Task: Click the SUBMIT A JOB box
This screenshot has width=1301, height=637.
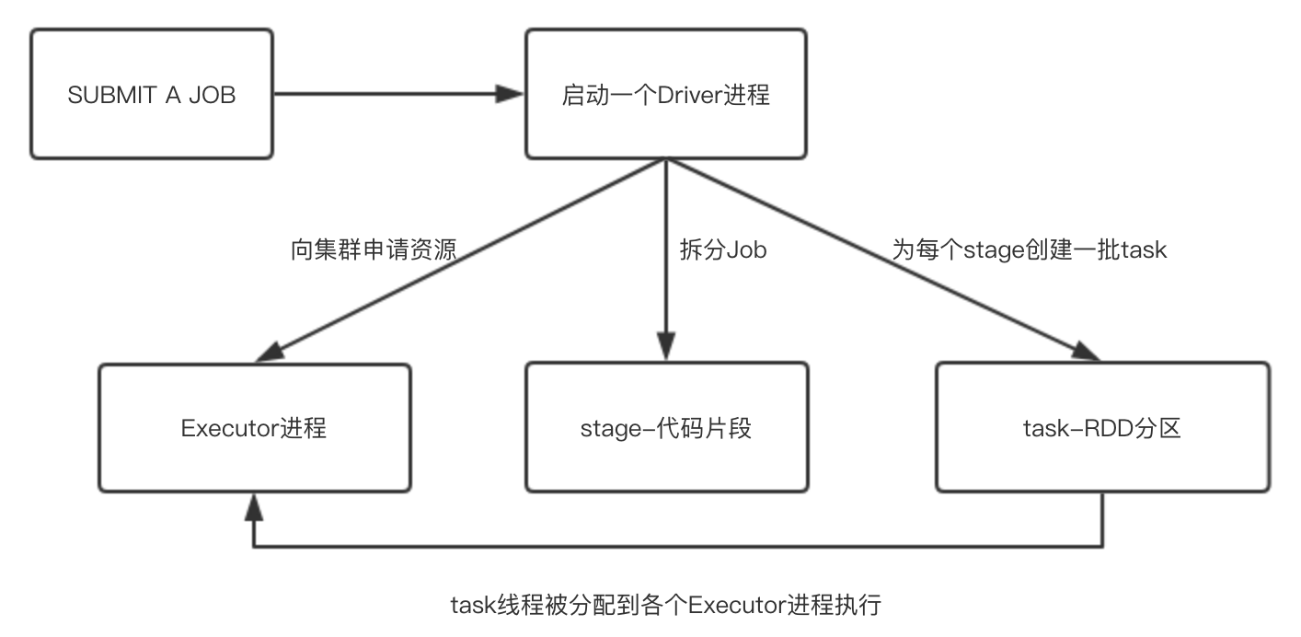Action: click(x=152, y=94)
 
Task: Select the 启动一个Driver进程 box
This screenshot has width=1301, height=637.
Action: click(x=665, y=94)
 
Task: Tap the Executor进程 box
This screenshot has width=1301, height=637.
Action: click(x=255, y=427)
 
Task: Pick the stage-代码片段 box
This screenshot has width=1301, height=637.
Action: click(x=665, y=427)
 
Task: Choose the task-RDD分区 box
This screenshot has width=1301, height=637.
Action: click(x=1101, y=427)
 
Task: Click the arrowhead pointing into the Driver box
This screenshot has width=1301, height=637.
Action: click(x=510, y=94)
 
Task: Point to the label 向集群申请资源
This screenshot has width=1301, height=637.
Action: click(x=373, y=250)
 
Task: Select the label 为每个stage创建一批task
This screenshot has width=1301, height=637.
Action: click(x=1029, y=250)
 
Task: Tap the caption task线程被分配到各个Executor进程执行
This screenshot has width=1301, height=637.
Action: click(x=665, y=605)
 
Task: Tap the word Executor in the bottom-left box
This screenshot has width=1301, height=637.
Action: click(x=228, y=428)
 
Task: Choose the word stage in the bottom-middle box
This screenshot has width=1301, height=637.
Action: click(x=607, y=428)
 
